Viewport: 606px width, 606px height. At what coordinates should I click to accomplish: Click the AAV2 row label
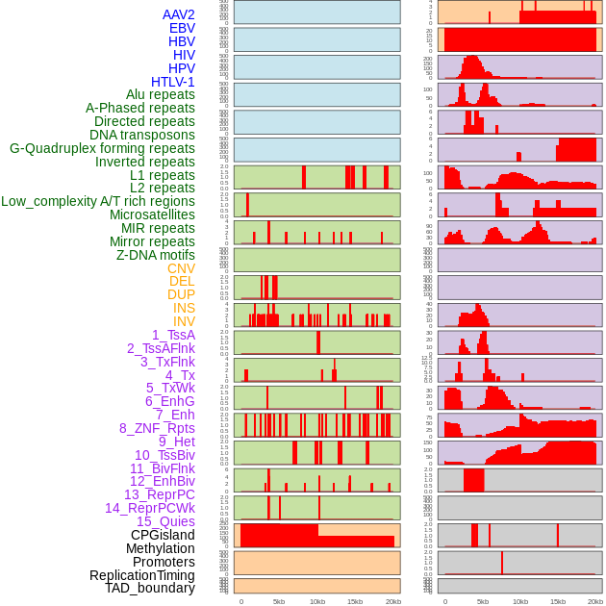(178, 15)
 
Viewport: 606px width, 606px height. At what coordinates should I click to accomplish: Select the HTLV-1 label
(173, 82)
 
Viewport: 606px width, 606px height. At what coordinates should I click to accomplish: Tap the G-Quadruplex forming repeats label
(102, 148)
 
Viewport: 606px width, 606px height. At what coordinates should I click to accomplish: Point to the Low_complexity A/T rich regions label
(98, 201)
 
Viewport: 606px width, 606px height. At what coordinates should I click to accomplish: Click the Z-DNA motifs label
(156, 255)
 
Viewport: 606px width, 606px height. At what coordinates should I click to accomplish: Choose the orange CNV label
(181, 268)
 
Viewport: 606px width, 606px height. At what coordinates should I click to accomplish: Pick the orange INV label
(184, 321)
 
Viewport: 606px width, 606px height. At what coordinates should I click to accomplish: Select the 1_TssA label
(173, 335)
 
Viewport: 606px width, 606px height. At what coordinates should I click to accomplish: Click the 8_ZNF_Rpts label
(157, 428)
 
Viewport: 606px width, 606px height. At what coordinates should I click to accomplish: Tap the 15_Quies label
(165, 521)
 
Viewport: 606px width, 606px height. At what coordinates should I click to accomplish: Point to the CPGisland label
(163, 535)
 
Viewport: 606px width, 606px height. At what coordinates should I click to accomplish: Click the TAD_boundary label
(150, 588)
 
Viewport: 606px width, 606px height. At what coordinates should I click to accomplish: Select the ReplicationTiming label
(141, 575)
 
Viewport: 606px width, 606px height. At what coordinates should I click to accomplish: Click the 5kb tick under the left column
(279, 601)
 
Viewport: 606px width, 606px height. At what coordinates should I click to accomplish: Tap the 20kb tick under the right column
(595, 601)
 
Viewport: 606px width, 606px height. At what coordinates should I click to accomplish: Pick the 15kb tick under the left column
(355, 601)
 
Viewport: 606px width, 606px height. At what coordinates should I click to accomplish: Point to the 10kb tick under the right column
(520, 601)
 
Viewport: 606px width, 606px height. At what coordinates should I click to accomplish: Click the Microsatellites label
(152, 215)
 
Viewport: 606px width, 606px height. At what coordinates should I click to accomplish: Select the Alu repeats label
(161, 94)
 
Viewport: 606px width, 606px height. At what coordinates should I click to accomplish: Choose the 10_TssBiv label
(164, 455)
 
